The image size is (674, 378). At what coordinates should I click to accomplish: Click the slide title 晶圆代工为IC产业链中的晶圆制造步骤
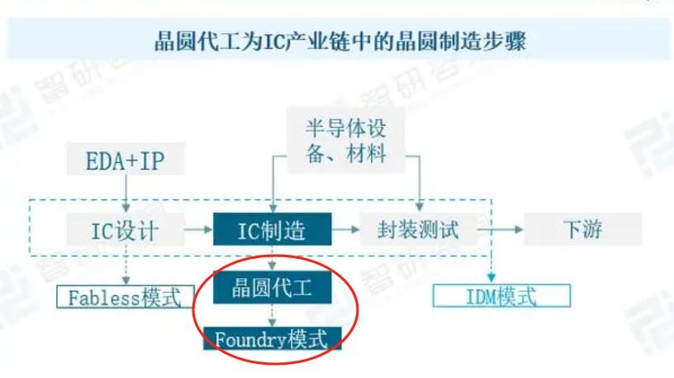(x=339, y=41)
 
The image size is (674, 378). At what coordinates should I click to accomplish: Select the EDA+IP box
(x=126, y=160)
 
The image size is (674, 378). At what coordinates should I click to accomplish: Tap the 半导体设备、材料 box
(x=346, y=141)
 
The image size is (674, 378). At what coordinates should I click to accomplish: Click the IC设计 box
(x=126, y=230)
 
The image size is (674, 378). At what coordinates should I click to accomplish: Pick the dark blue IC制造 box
(x=272, y=229)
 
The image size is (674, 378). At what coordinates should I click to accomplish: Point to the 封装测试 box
(x=419, y=229)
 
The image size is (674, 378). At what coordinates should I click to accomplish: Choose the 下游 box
(x=583, y=229)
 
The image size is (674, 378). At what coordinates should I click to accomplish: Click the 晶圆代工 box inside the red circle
(x=272, y=287)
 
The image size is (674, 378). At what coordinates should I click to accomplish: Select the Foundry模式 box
(x=272, y=339)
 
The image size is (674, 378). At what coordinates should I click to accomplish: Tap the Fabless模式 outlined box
(x=126, y=297)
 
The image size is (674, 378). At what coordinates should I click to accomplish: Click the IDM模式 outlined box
(x=501, y=296)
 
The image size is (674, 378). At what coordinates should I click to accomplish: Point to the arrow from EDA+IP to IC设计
(x=126, y=194)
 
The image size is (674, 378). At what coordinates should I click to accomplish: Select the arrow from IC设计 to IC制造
(x=198, y=230)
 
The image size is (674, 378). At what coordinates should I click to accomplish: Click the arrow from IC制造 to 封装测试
(x=345, y=230)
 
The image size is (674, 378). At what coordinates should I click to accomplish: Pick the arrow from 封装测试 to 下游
(x=501, y=229)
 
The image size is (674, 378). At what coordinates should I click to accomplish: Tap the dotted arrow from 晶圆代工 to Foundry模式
(x=272, y=315)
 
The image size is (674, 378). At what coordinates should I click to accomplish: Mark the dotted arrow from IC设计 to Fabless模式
(x=126, y=266)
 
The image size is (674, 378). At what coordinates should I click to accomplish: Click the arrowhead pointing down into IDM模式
(x=491, y=278)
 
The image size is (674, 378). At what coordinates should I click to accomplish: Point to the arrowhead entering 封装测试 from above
(x=420, y=208)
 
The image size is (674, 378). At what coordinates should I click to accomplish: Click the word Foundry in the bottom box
(x=250, y=340)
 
